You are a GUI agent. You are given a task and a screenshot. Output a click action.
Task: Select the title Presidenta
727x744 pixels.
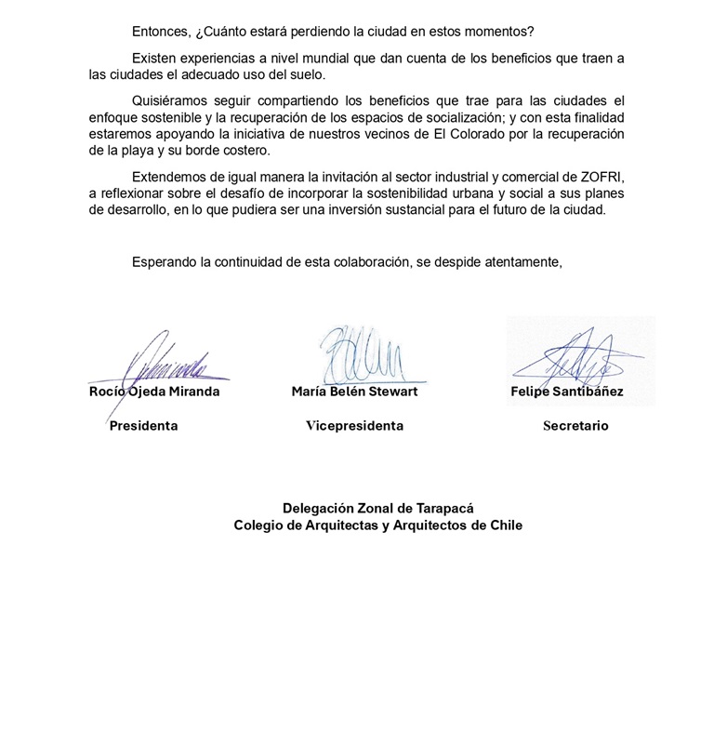click(143, 426)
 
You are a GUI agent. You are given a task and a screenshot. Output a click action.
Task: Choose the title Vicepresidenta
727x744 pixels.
click(354, 426)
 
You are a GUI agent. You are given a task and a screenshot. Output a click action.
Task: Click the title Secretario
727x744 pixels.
click(575, 426)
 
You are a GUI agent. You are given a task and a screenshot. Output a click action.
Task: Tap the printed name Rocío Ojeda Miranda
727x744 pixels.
click(153, 392)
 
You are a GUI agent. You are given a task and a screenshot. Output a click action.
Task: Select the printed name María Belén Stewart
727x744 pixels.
click(354, 392)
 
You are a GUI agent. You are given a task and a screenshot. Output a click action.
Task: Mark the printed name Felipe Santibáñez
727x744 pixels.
click(566, 392)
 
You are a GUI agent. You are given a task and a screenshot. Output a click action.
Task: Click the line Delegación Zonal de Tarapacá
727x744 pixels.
click(377, 508)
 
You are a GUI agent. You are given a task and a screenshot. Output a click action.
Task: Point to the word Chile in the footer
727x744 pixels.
click(503, 525)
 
